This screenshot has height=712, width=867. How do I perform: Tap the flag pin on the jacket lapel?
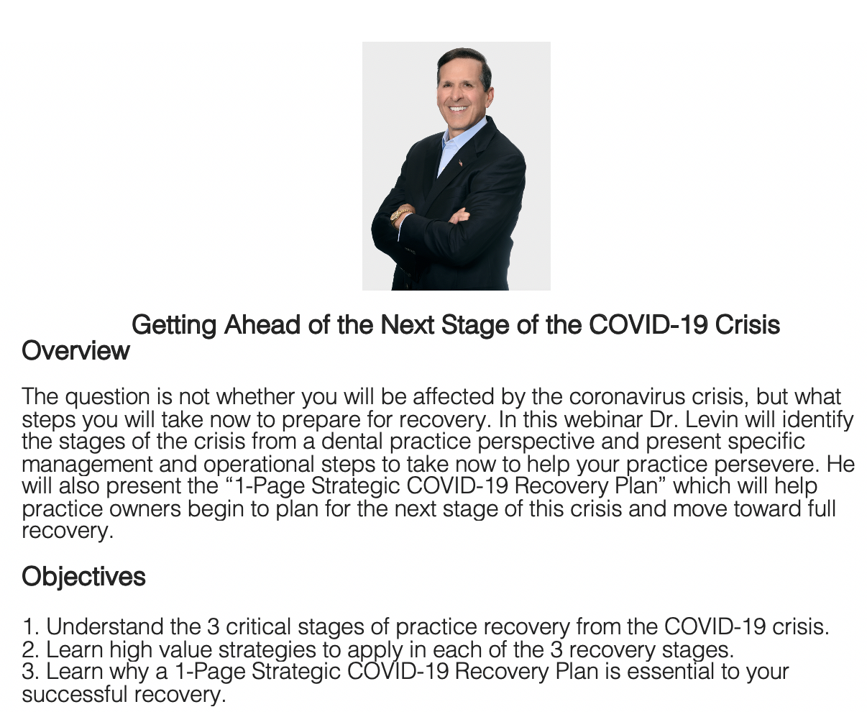460,163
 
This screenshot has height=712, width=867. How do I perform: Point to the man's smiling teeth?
458,109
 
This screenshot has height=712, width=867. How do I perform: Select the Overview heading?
75,350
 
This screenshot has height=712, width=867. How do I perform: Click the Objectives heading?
83,576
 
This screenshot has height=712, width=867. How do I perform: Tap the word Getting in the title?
174,325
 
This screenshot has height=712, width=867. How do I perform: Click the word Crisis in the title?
747,324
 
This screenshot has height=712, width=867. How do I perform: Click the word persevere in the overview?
765,465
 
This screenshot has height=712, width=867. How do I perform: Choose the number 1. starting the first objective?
31,626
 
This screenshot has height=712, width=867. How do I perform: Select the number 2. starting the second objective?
31,650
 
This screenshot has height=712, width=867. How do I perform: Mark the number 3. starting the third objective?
31,671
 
